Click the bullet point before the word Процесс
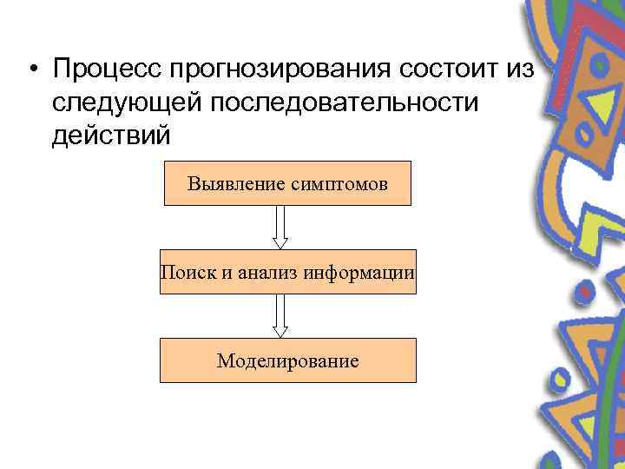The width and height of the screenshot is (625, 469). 32,69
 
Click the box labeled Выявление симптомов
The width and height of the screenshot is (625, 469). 287,183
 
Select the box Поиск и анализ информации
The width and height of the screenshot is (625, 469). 287,272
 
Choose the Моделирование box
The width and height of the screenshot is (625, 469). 287,360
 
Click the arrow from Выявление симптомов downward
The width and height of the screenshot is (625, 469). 280,228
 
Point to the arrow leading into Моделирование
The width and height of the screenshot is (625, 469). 280,316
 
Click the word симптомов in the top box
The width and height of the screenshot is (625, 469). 339,183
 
